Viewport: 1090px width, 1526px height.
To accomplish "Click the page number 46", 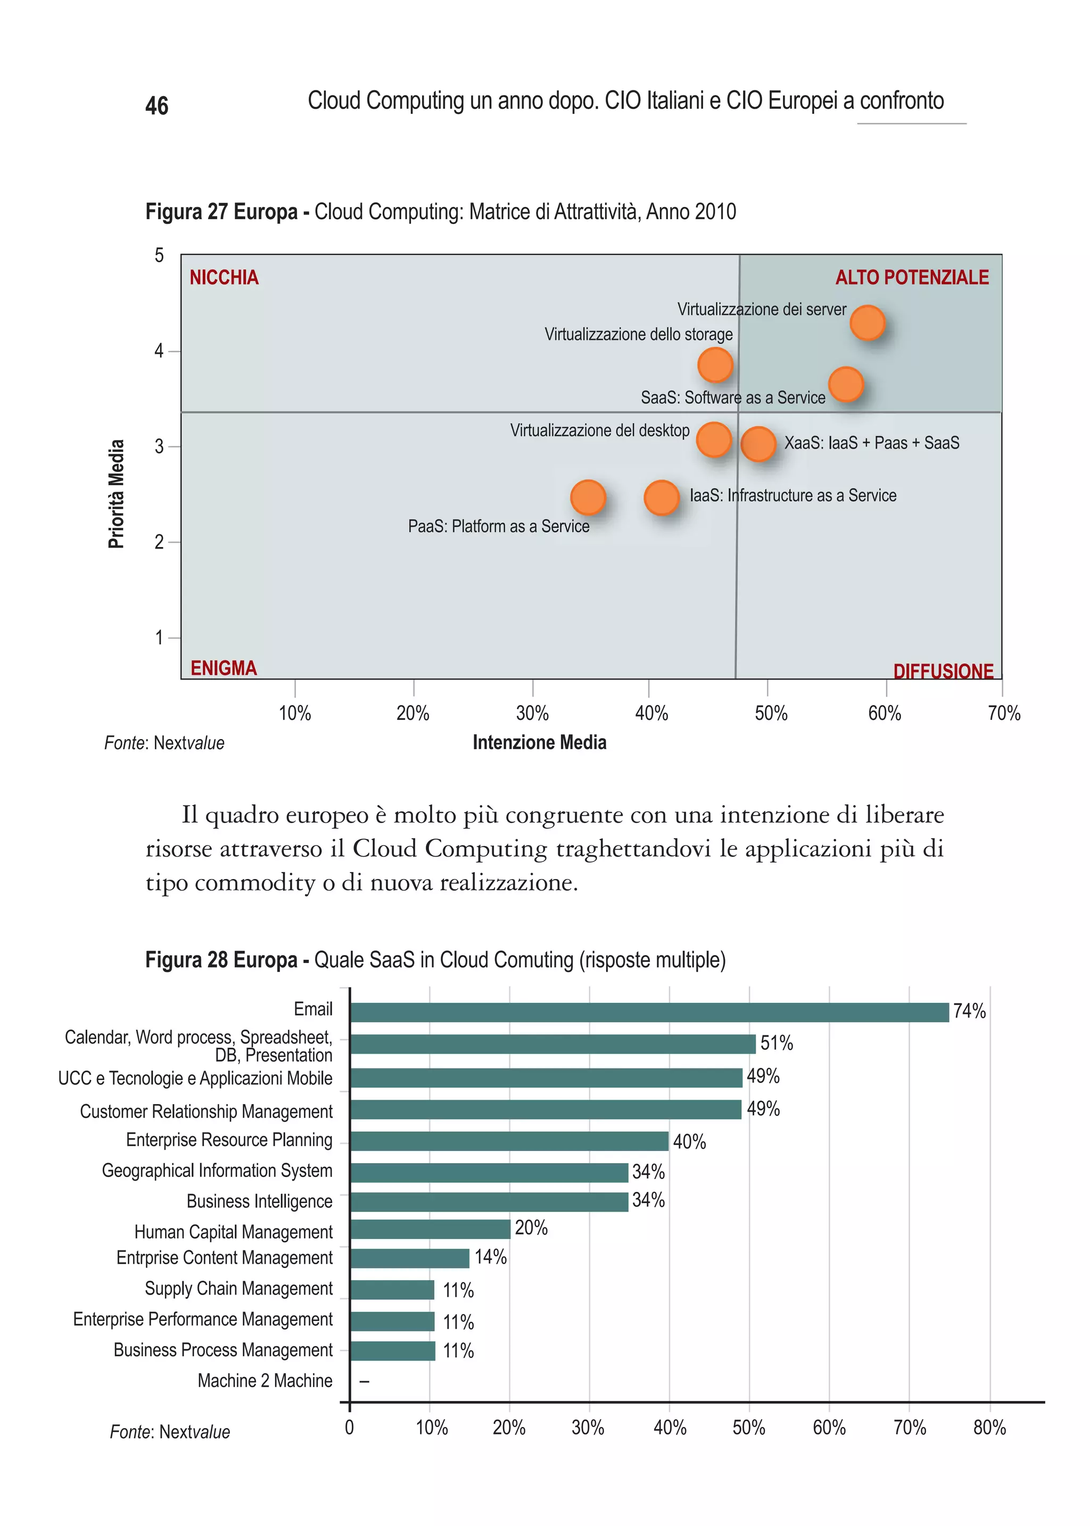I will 156,106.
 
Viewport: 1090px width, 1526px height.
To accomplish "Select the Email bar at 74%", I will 648,1011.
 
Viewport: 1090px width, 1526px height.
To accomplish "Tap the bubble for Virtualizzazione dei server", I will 867,323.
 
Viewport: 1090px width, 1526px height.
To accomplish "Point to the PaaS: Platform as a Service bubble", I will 588,497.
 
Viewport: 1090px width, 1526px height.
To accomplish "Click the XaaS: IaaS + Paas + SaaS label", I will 871,443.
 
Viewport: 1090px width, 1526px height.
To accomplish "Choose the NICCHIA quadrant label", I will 224,277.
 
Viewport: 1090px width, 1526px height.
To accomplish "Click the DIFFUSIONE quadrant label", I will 943,670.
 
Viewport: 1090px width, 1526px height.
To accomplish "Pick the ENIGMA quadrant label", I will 224,668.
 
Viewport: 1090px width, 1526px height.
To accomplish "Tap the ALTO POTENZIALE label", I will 912,277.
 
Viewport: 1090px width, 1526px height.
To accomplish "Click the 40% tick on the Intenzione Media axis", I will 651,712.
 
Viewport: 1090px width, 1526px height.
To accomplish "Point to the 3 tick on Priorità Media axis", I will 159,446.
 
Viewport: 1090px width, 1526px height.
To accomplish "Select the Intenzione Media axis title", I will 539,742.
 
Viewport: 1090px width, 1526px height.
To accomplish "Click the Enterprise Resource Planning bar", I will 509,1141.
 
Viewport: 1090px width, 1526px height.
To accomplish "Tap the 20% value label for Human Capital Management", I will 531,1228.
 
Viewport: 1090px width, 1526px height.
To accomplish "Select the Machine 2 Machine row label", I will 265,1380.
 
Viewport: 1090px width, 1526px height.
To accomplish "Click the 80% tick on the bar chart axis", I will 989,1428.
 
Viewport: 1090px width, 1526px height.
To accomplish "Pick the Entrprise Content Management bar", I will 409,1258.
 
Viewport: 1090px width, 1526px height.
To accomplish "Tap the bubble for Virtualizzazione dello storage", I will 715,365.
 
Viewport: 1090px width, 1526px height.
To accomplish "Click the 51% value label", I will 776,1043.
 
